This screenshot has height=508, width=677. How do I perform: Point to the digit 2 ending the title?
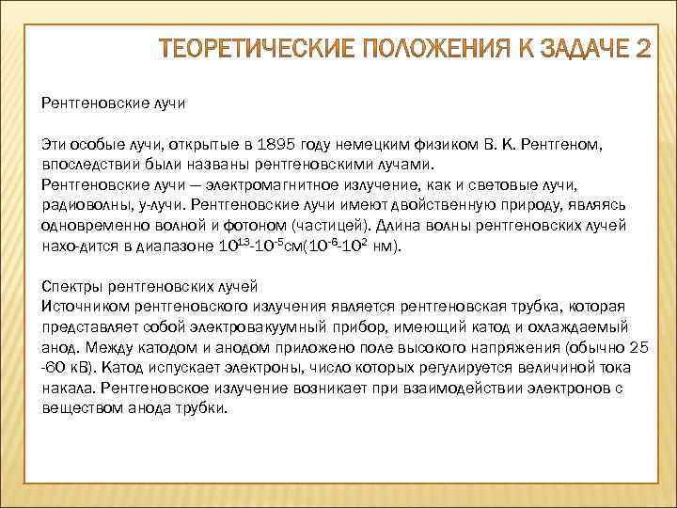click(x=641, y=49)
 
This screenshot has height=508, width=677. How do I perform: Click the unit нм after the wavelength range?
click(x=388, y=247)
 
